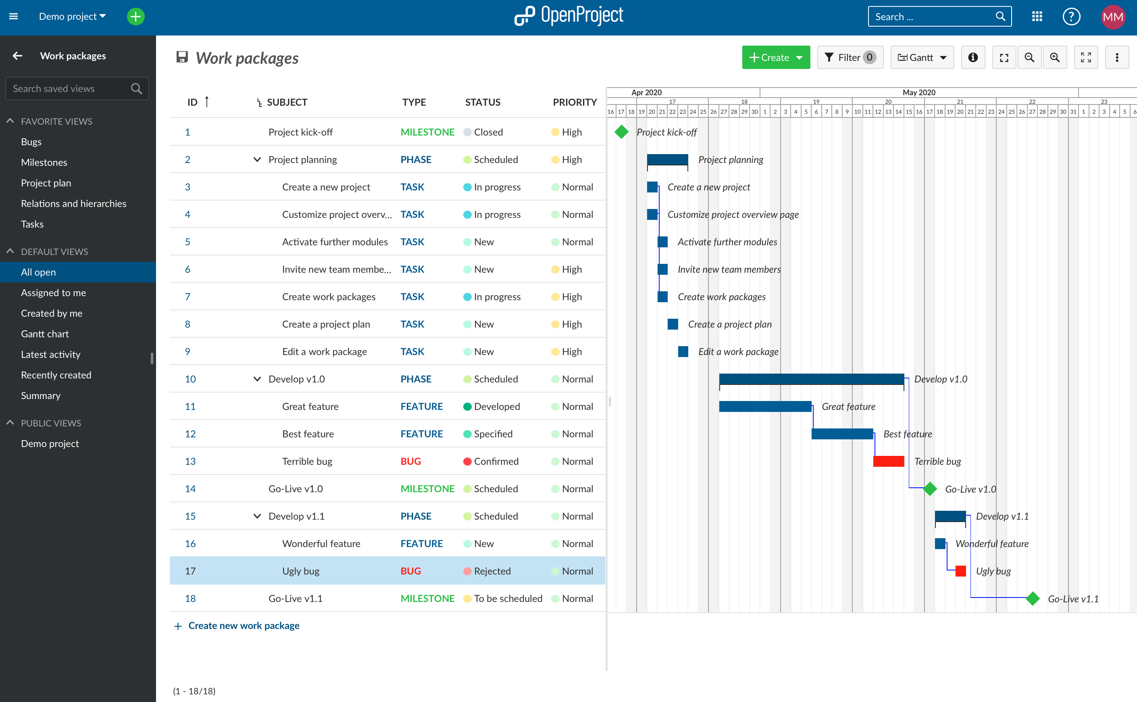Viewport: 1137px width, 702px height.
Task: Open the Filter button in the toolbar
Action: pos(850,58)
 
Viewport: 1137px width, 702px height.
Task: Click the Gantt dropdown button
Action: pos(922,58)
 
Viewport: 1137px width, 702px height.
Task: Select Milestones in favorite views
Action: pos(44,163)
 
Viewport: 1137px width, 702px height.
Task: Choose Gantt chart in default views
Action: pos(45,334)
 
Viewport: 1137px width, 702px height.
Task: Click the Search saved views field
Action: pos(70,89)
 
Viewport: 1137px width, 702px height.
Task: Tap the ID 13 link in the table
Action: pos(190,461)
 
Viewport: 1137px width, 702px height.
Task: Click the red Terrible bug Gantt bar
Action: pos(888,461)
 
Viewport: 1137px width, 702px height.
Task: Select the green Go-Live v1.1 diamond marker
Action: pos(1032,598)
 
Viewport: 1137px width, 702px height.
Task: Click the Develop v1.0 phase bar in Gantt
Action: pos(811,378)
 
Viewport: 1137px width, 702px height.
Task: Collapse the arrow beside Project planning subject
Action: pos(257,160)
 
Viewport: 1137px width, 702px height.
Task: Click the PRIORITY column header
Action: pos(574,102)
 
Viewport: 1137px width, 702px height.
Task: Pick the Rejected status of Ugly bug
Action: pos(492,571)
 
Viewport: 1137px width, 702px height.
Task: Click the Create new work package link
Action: pos(243,625)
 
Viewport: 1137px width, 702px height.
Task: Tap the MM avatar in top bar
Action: pos(1112,17)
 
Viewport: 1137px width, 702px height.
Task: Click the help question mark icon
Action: pos(1071,17)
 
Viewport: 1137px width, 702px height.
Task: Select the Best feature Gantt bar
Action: pos(842,434)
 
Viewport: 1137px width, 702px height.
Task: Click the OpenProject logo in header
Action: pos(569,16)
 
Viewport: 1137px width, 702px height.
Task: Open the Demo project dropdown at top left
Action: pos(72,17)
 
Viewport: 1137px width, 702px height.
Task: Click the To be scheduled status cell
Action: pos(508,598)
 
